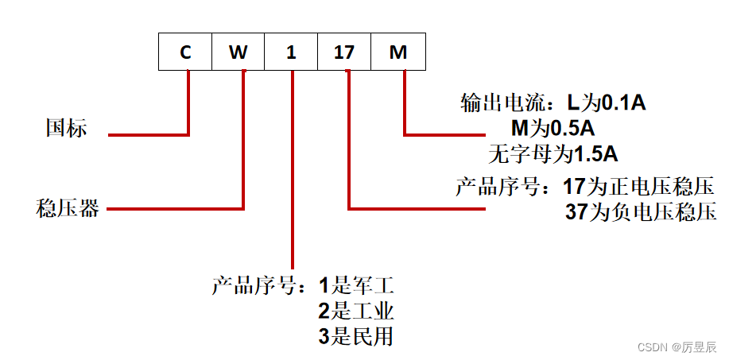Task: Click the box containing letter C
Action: tap(185, 52)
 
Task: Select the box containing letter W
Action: tap(238, 52)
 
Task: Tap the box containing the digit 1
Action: tap(291, 52)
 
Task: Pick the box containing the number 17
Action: tap(344, 52)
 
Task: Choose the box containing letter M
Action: tap(398, 52)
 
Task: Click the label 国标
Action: tap(66, 128)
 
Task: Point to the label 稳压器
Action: tap(68, 209)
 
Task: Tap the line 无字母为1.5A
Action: tap(553, 153)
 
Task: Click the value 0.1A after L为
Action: tap(624, 103)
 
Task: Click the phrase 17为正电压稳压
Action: tap(640, 188)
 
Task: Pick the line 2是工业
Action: tap(356, 310)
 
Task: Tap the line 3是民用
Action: tap(356, 335)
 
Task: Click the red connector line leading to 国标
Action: tap(148, 135)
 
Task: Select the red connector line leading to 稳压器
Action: tap(175, 209)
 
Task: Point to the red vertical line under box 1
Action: tap(293, 175)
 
